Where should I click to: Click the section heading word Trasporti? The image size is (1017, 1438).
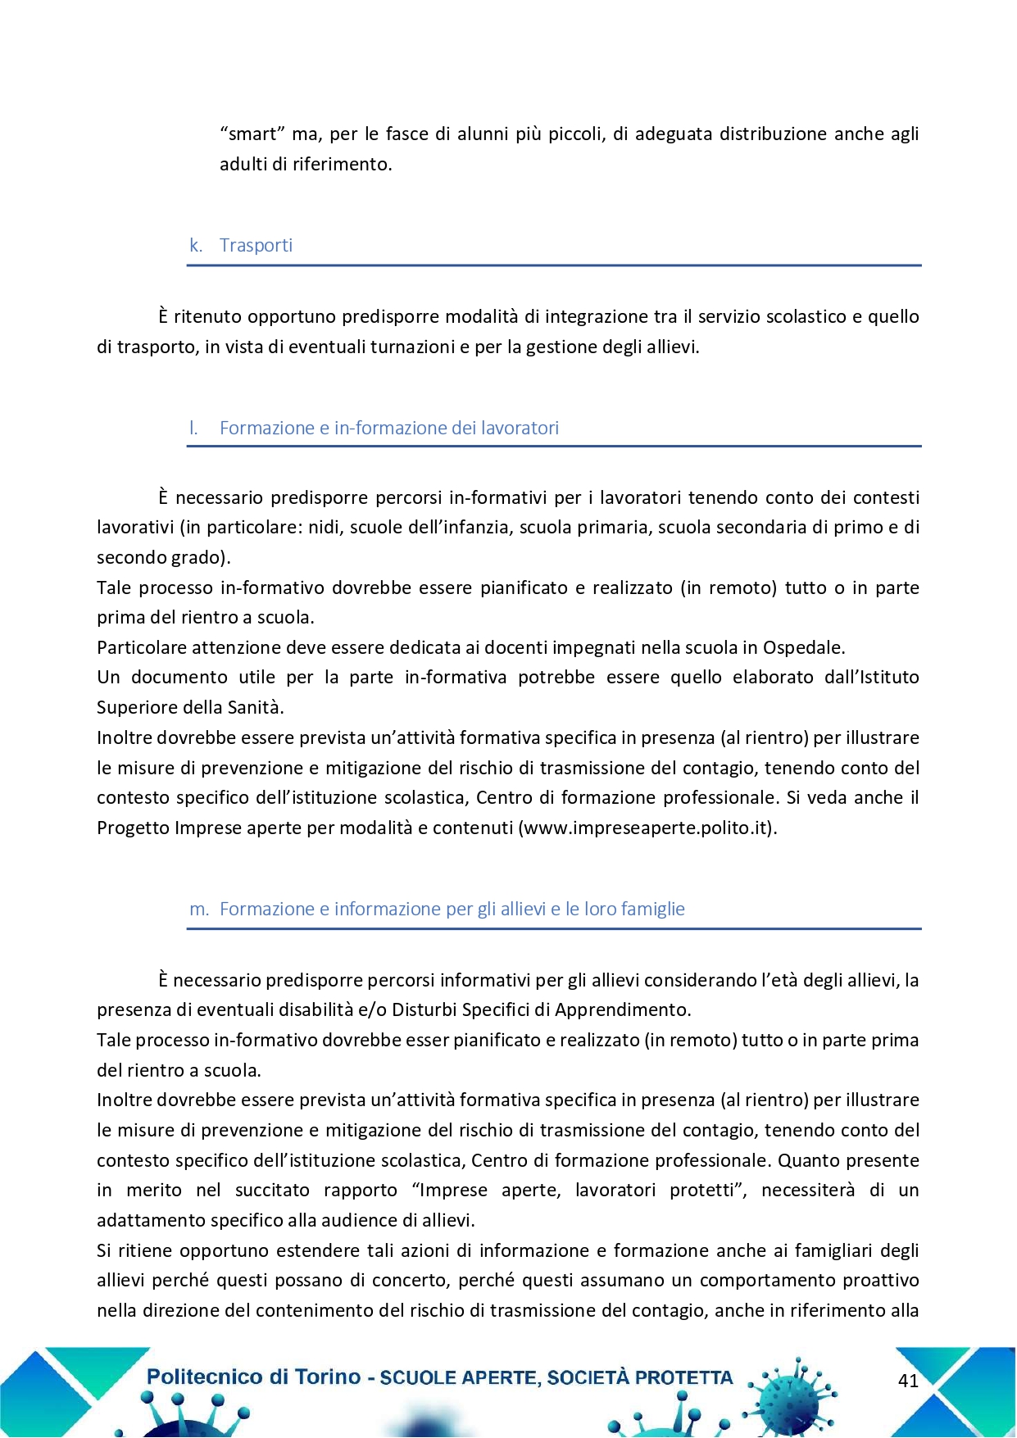(x=256, y=246)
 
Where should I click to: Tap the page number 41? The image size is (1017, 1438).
(x=908, y=1381)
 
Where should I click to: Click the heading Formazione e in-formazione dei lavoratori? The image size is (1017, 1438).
(x=389, y=428)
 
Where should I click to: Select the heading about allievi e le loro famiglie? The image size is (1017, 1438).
(x=452, y=909)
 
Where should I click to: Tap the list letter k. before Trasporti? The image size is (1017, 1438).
(x=196, y=246)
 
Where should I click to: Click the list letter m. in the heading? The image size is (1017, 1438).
(x=199, y=910)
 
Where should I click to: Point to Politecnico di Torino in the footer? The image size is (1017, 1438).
(x=253, y=1377)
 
